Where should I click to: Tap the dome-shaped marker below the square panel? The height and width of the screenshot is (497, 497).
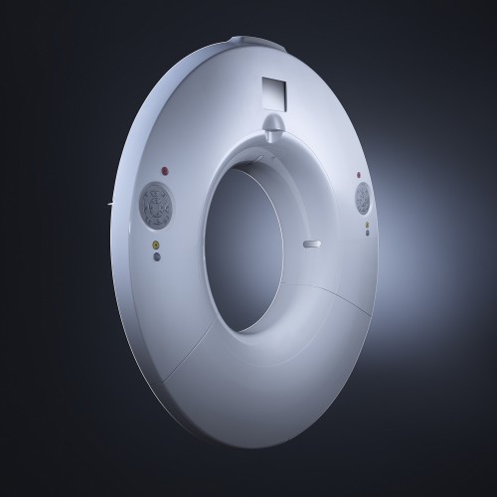click(x=274, y=123)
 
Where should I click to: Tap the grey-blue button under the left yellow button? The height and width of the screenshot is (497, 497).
click(x=156, y=255)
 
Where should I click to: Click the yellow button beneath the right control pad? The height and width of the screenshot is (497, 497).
click(x=368, y=225)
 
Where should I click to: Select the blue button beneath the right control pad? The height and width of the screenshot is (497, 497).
click(x=368, y=235)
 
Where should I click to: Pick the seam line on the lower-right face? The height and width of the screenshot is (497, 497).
click(x=338, y=298)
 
